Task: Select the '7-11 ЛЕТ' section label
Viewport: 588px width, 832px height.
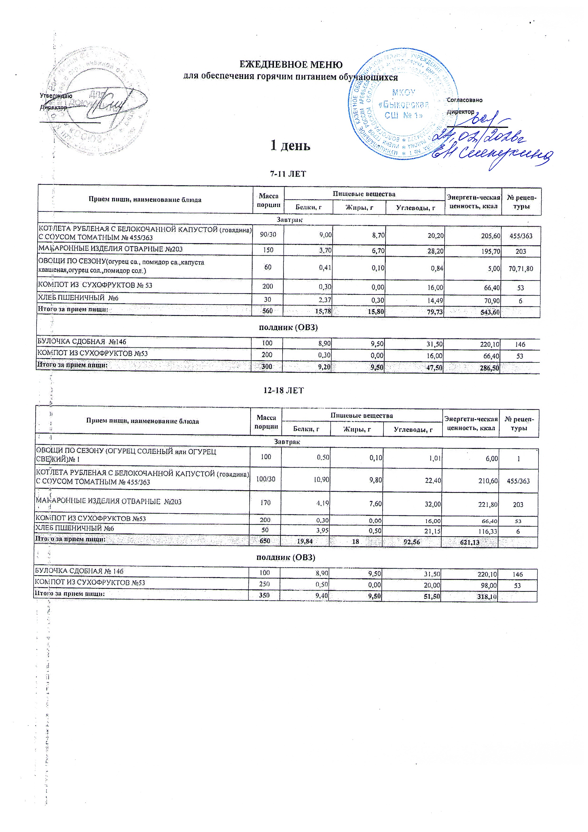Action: (288, 174)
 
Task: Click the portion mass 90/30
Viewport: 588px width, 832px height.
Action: (268, 235)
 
